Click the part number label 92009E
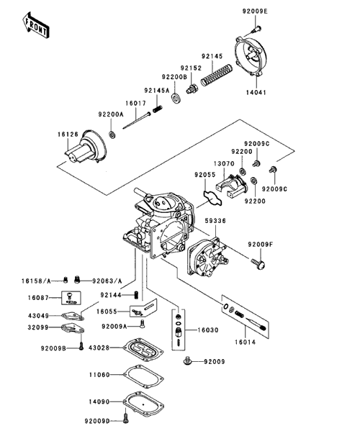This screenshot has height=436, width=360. coord(255,12)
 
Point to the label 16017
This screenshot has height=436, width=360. coord(135,104)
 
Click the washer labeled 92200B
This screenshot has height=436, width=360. coord(176,98)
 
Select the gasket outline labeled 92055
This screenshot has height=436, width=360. coord(212,198)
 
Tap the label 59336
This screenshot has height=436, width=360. coord(215,221)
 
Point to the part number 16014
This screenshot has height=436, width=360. coord(245,342)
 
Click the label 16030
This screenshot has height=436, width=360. coord(208,330)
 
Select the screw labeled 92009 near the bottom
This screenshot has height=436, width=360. coord(187,361)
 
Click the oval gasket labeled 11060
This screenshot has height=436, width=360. coord(143,376)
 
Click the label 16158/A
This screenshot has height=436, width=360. coord(36,281)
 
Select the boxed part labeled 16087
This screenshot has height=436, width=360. coord(71,298)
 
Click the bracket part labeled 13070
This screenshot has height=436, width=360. coord(231,186)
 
